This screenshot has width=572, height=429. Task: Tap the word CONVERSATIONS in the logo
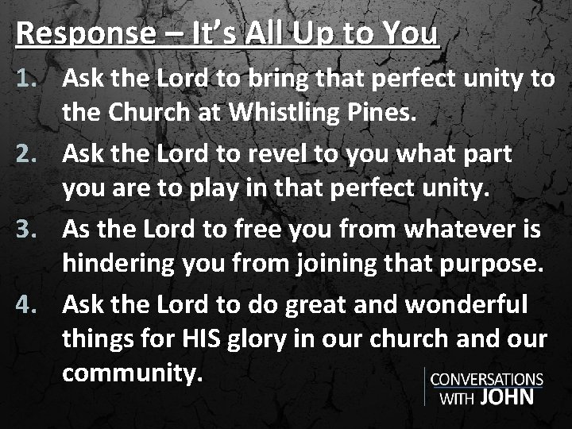(x=486, y=380)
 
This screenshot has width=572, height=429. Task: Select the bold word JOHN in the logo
(x=507, y=397)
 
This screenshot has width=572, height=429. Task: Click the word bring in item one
(x=276, y=79)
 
